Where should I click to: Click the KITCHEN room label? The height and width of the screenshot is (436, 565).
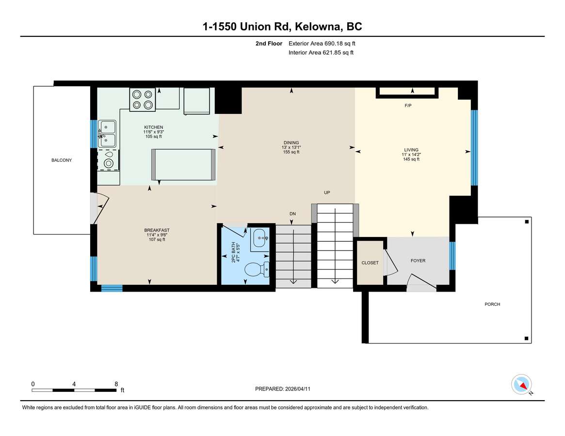point(154,127)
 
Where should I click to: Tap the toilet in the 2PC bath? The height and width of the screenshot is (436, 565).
point(257,269)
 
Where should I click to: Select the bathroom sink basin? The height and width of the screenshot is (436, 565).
point(260,238)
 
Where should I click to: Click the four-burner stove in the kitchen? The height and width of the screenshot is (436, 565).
point(142,99)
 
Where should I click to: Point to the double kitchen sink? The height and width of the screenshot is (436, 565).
point(107,134)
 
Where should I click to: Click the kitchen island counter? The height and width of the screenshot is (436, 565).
point(183,165)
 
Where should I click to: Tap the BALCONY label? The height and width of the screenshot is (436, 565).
point(62,160)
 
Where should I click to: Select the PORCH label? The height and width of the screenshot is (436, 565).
point(492,304)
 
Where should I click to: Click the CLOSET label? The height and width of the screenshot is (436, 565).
point(370,263)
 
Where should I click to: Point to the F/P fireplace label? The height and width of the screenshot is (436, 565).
point(408,106)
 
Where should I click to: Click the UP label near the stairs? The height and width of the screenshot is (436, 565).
point(327,193)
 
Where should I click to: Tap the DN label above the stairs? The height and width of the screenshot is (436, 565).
point(292,214)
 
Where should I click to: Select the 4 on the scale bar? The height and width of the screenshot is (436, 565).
point(74,384)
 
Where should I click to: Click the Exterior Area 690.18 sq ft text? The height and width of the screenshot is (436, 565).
point(322,44)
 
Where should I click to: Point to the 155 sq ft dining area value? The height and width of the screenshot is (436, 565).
point(291,152)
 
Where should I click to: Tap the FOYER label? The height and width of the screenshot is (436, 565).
point(418,261)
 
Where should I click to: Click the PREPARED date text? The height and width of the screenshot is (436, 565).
point(282,389)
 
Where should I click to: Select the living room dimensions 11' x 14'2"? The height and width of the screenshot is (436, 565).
point(411,155)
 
